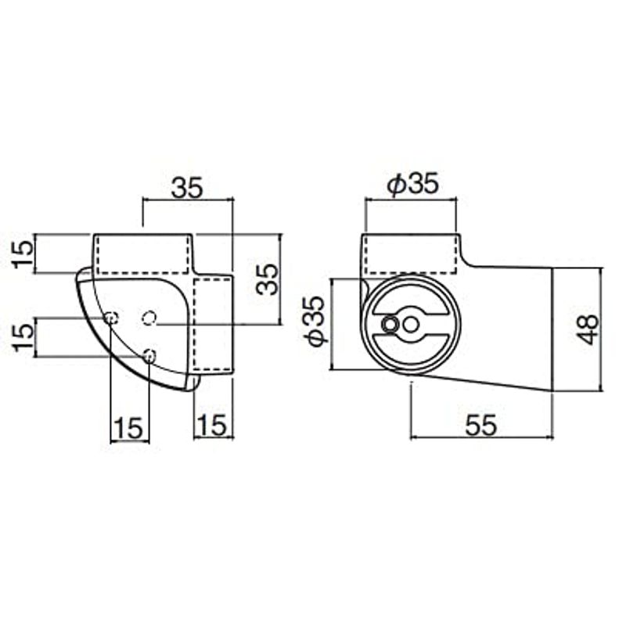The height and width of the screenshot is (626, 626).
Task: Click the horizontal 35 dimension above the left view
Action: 187,187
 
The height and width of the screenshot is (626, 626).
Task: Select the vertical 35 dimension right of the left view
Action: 267,279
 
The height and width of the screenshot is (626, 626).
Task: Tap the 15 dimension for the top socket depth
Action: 23,254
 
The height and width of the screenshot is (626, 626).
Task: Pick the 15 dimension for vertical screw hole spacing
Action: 23,337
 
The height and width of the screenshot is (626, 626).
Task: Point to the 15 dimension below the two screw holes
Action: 128,427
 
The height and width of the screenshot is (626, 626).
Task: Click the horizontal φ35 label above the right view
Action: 413,184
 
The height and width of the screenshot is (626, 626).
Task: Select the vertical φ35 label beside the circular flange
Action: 315,322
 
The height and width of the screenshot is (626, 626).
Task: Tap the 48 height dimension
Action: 588,329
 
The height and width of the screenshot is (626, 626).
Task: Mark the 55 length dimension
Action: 481,425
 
